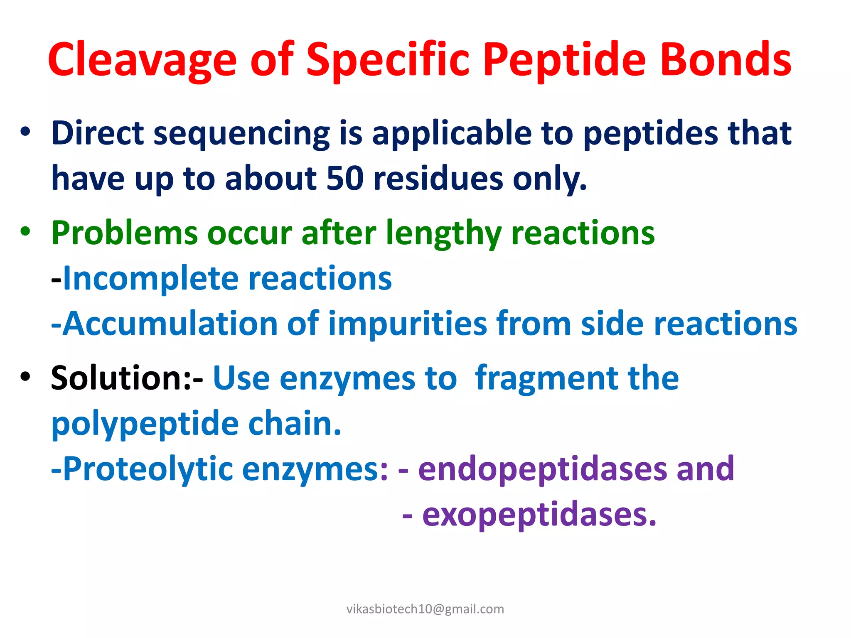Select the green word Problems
click(124, 233)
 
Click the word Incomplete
click(150, 278)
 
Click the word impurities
click(407, 324)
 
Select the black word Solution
click(121, 378)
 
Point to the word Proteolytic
click(148, 469)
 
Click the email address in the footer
click(425, 609)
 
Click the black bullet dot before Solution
click(25, 376)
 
